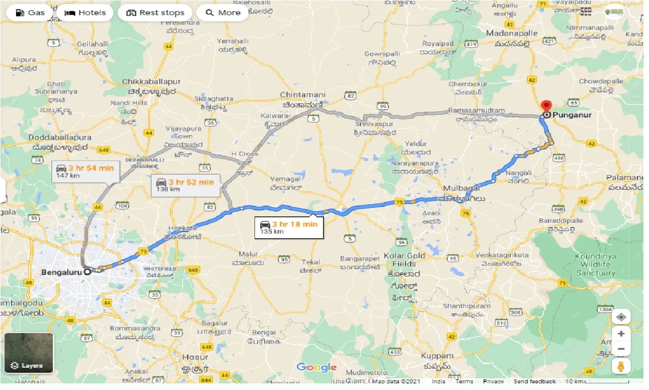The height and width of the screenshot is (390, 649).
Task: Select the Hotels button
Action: click(85, 13)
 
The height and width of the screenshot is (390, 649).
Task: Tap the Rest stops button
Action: click(155, 13)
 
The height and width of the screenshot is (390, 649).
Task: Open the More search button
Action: click(222, 13)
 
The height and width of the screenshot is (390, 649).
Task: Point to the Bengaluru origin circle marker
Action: click(87, 272)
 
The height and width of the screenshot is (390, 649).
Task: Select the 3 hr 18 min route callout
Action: click(290, 227)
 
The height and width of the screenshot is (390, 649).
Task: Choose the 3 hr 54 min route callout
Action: click(85, 171)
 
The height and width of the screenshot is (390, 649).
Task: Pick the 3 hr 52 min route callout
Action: click(186, 185)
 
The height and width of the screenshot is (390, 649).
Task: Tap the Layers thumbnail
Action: click(28, 353)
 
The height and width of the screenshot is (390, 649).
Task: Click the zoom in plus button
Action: click(621, 334)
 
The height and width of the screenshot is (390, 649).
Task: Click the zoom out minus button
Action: click(621, 349)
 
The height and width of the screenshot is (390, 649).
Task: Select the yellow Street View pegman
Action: click(621, 366)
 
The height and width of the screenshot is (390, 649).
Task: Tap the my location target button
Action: click(621, 317)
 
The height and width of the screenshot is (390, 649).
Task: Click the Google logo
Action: click(316, 367)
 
